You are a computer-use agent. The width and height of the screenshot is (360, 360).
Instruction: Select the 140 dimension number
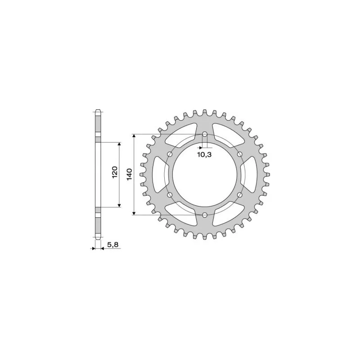click(129, 174)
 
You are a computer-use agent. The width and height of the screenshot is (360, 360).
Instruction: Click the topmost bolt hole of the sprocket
click(205, 134)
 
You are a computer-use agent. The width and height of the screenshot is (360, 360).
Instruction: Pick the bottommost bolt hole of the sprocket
click(205, 215)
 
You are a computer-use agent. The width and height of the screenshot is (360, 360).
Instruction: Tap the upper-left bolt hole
click(170, 154)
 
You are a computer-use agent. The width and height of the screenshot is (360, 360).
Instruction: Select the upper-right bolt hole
click(239, 154)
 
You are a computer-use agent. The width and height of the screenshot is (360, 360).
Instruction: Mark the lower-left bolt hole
click(170, 194)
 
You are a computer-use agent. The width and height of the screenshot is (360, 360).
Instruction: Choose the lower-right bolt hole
click(239, 194)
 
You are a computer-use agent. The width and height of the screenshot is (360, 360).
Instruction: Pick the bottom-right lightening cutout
click(229, 215)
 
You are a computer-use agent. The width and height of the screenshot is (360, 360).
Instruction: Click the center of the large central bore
click(205, 174)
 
